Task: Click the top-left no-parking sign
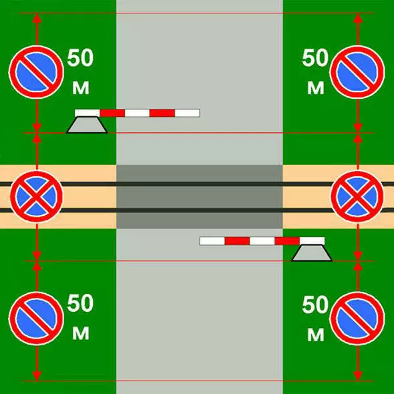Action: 37,72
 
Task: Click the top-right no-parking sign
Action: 357,72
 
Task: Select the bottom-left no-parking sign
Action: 37,319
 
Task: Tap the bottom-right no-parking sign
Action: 357,319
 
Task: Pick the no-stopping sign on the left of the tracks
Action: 37,196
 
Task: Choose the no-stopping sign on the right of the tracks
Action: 357,196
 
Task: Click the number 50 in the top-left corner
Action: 80,58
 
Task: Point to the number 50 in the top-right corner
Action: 315,58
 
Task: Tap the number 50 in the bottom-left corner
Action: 80,303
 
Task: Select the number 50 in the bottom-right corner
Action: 315,305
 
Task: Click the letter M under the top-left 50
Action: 81,88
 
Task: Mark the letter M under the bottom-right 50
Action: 316,335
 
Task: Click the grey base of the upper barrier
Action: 87,125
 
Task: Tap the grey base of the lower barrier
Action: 312,253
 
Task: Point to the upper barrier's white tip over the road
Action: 187,113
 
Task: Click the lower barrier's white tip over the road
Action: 212,241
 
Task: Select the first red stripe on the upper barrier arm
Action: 112,113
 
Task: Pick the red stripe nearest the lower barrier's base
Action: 287,241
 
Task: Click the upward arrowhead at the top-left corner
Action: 37,18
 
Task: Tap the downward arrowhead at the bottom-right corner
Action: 357,375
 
